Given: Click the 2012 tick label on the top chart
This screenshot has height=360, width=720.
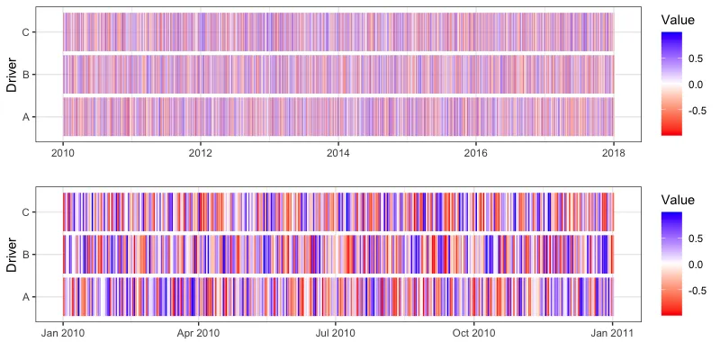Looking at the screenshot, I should (x=201, y=154).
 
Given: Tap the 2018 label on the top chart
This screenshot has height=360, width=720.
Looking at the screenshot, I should (x=613, y=154).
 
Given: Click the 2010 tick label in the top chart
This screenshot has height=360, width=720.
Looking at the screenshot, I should (x=63, y=154).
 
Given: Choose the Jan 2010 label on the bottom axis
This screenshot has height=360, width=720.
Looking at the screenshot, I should (x=63, y=333).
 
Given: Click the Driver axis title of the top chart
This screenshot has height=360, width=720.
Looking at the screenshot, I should (x=12, y=74).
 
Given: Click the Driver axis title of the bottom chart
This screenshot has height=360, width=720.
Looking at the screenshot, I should (x=12, y=254).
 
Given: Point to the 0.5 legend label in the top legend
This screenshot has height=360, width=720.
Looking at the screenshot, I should (x=697, y=58).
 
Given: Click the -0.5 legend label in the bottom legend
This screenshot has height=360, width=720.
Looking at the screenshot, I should (x=695, y=291).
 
